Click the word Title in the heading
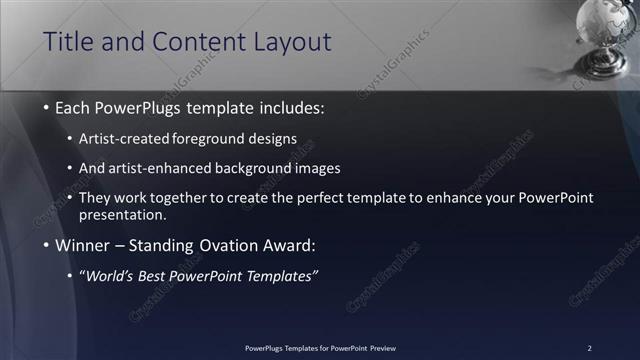click(70, 42)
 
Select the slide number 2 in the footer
click(589, 347)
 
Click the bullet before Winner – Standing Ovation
click(47, 245)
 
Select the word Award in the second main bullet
click(288, 245)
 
